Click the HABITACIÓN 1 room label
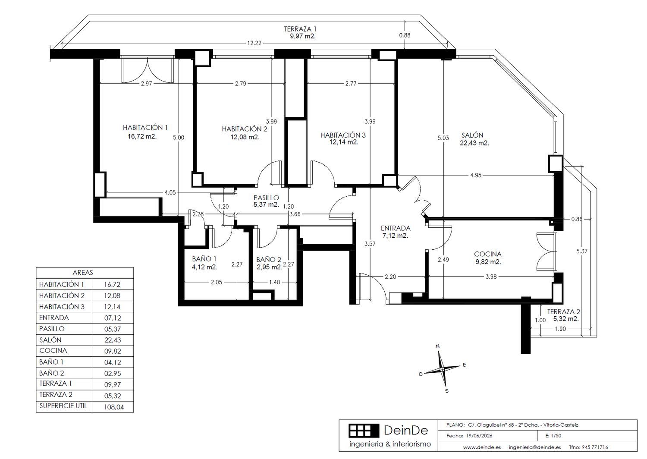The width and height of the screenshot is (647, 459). pyautogui.click(x=145, y=127)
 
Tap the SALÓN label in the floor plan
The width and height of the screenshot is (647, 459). pyautogui.click(x=472, y=135)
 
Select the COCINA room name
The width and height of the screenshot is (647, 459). pyautogui.click(x=487, y=254)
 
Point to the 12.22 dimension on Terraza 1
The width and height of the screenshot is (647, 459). pyautogui.click(x=254, y=43)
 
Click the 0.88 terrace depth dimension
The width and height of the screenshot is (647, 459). pyautogui.click(x=405, y=35)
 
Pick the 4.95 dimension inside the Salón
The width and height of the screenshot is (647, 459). pyautogui.click(x=475, y=175)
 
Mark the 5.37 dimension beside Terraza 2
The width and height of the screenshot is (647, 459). pyautogui.click(x=582, y=252)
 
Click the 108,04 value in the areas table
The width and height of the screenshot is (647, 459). pyautogui.click(x=114, y=407)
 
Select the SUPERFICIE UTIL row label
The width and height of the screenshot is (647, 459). pyautogui.click(x=63, y=406)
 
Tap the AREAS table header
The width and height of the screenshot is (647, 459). pyautogui.click(x=83, y=273)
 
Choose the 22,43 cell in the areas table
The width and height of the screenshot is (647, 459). pyautogui.click(x=113, y=340)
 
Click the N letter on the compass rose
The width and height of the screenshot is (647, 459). pyautogui.click(x=438, y=346)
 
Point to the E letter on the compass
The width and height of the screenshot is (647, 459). pyautogui.click(x=465, y=365)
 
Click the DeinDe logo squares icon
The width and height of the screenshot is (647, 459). pyautogui.click(x=364, y=431)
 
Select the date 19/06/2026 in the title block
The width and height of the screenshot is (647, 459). pyautogui.click(x=479, y=436)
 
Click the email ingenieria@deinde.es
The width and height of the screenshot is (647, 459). pyautogui.click(x=535, y=447)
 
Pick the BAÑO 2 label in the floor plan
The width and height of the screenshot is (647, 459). pyautogui.click(x=269, y=260)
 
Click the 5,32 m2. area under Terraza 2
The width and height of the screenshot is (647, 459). pyautogui.click(x=566, y=319)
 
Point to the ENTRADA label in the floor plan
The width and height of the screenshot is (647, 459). pyautogui.click(x=396, y=228)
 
